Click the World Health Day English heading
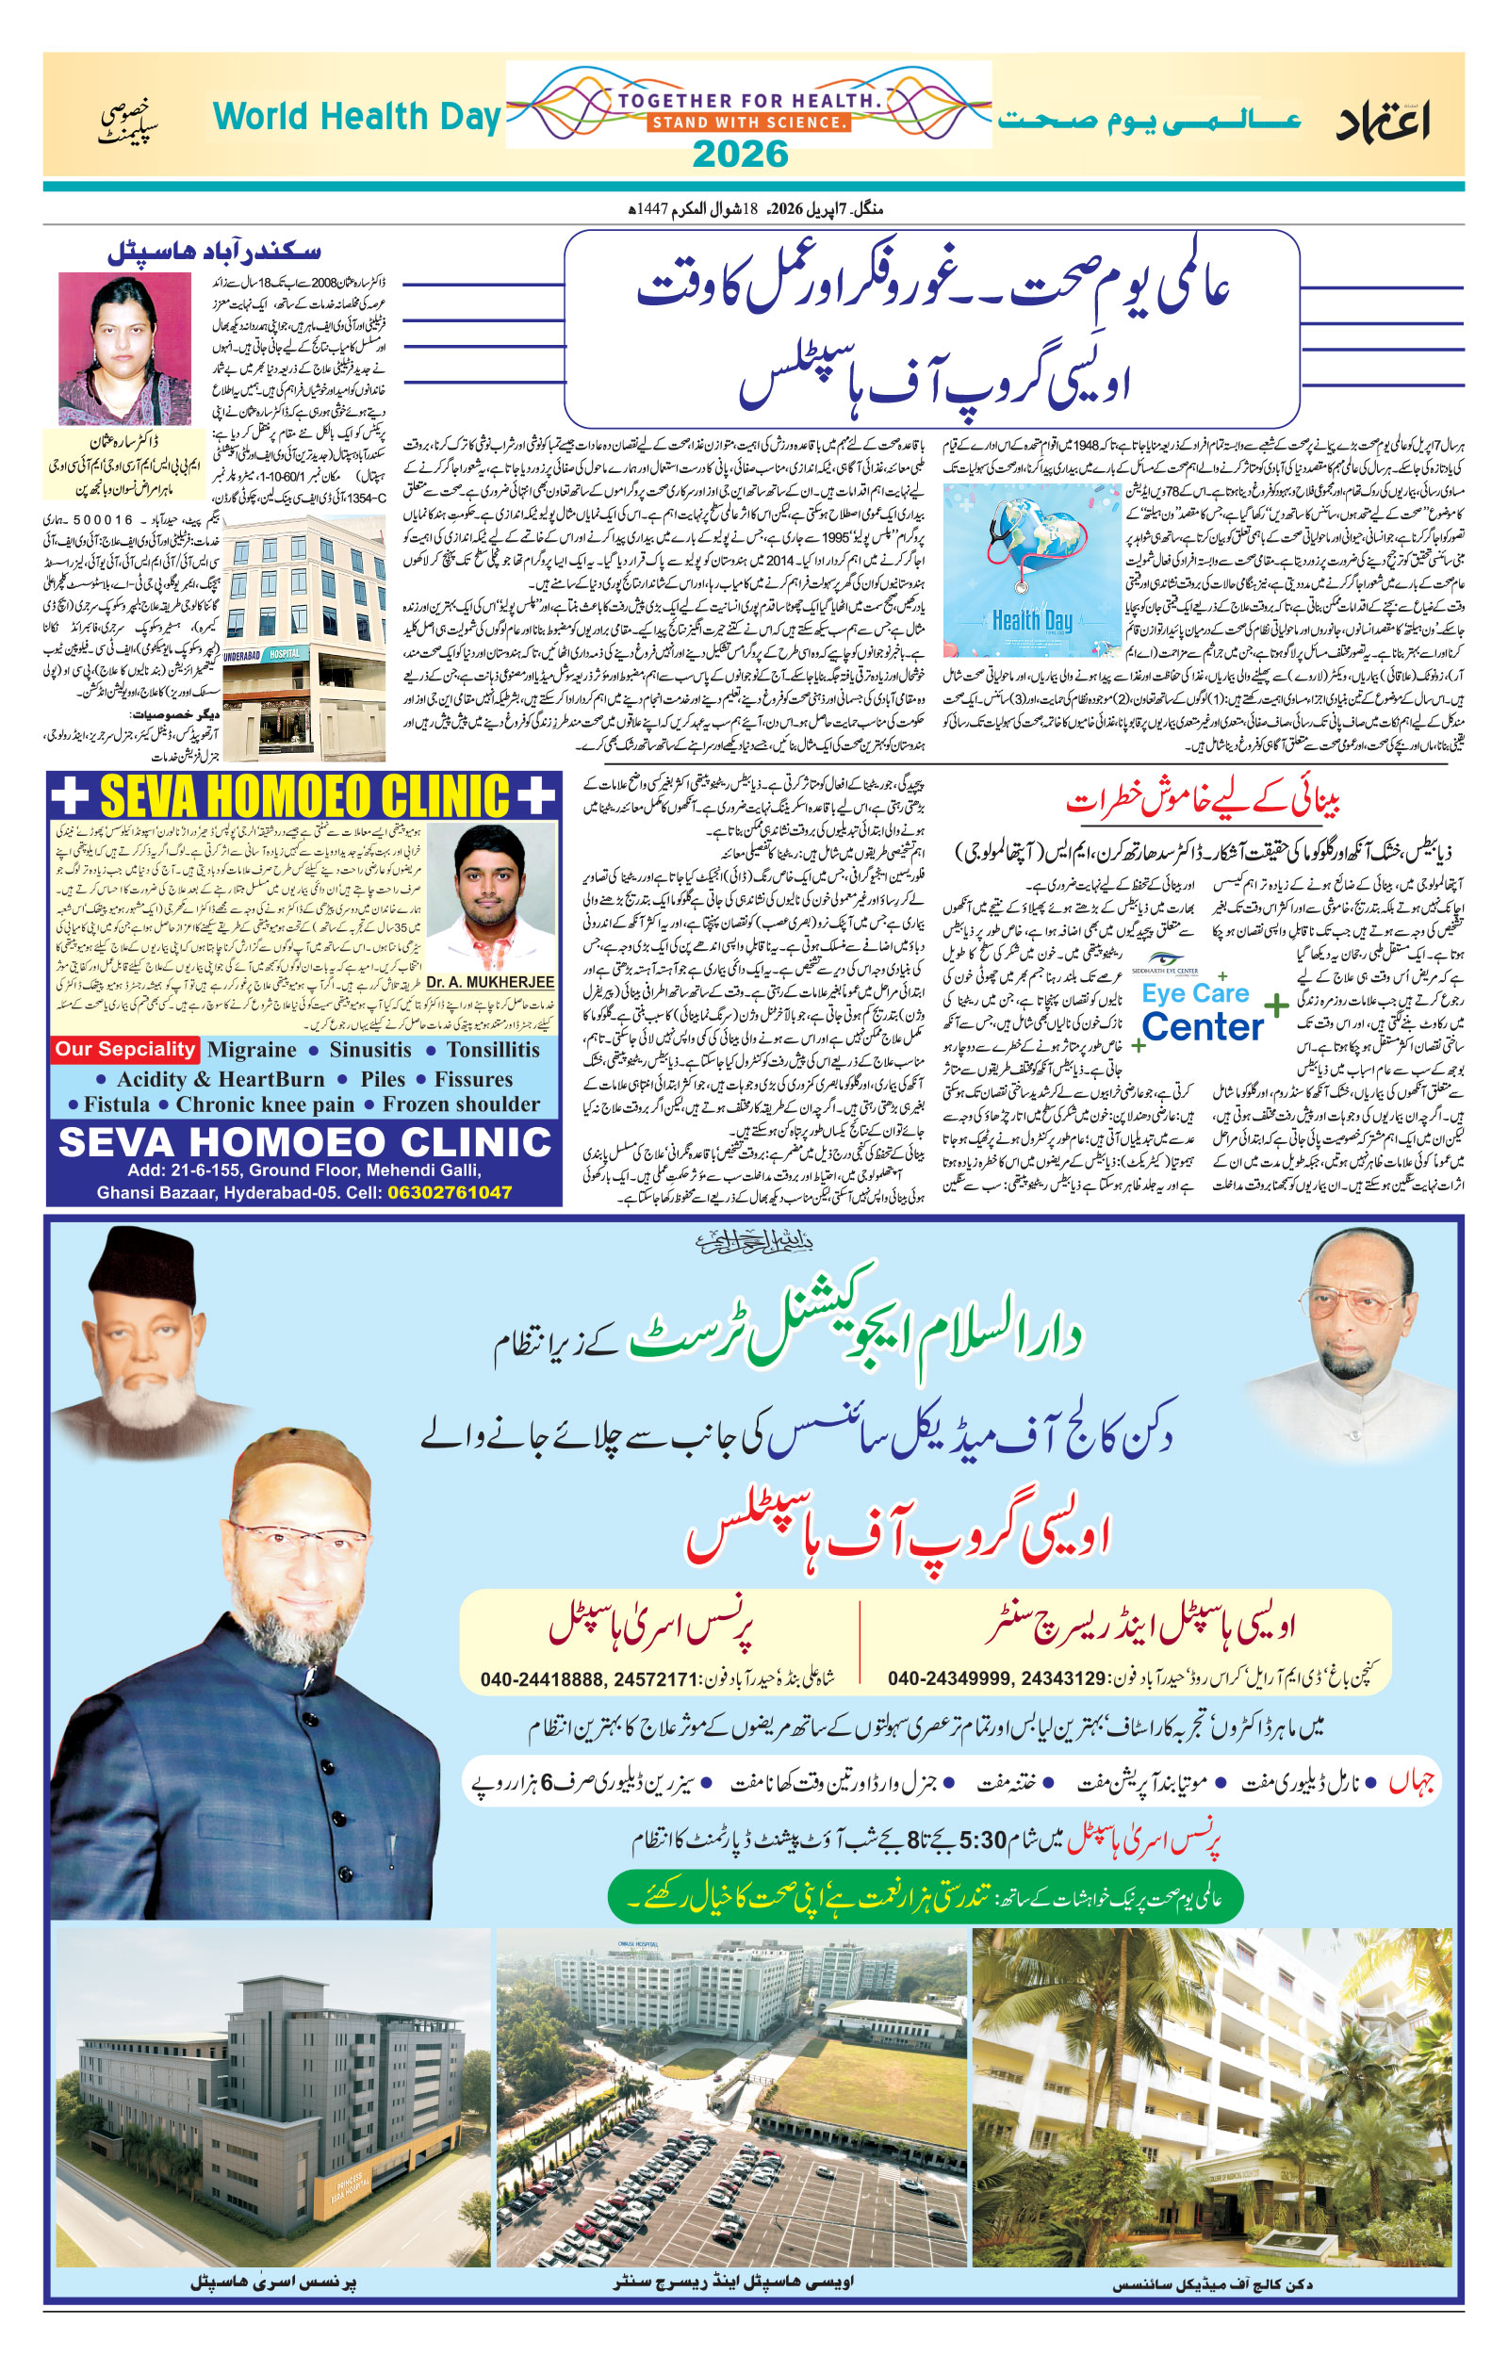356,117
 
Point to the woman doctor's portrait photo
124,349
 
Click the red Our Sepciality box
124,1049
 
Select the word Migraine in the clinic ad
252,1050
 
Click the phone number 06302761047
450,1192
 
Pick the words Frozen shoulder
460,1104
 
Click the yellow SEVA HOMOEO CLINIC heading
304,794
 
